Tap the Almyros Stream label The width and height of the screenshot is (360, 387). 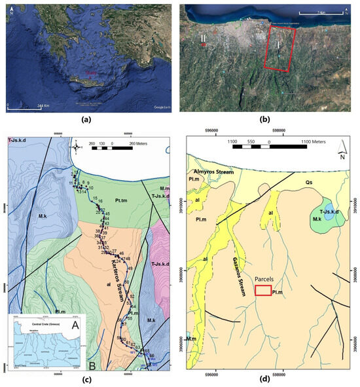(215, 170)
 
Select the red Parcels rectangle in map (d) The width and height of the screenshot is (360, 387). (263, 290)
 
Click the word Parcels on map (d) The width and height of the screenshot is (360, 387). (264, 280)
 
